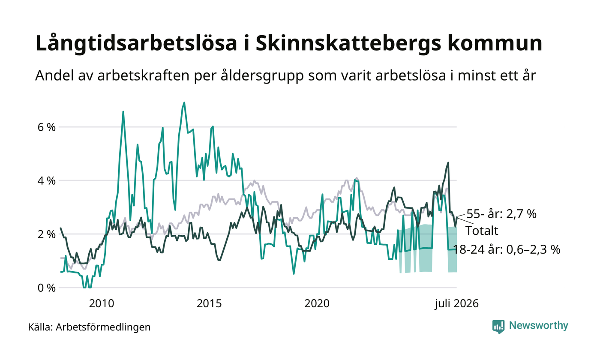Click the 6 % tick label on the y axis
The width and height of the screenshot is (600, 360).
[x=47, y=127]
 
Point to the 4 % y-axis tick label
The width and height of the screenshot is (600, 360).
[x=47, y=181]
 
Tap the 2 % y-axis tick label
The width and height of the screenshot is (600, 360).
[x=47, y=234]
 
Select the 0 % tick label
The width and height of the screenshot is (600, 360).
[x=47, y=288]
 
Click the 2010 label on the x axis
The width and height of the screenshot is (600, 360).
[x=102, y=303]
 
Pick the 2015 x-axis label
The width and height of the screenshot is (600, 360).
[x=209, y=303]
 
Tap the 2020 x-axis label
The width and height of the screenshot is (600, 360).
[x=317, y=303]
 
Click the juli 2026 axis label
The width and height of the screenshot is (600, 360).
[x=457, y=304]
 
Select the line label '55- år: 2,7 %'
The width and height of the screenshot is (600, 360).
[x=501, y=214]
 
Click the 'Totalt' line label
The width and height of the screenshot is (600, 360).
[x=482, y=231]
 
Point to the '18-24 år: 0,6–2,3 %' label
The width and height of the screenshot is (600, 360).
[x=506, y=249]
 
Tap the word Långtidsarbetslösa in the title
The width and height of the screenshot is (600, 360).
[x=136, y=43]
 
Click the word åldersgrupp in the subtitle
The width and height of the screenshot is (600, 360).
[x=262, y=76]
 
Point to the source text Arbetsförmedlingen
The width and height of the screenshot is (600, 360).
[x=103, y=327]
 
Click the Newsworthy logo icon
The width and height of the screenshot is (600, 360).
[x=498, y=327]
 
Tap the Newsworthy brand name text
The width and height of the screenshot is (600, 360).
[x=538, y=326]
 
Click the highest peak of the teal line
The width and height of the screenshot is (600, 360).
[x=184, y=102]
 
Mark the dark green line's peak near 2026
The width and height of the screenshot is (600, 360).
[x=448, y=162]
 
